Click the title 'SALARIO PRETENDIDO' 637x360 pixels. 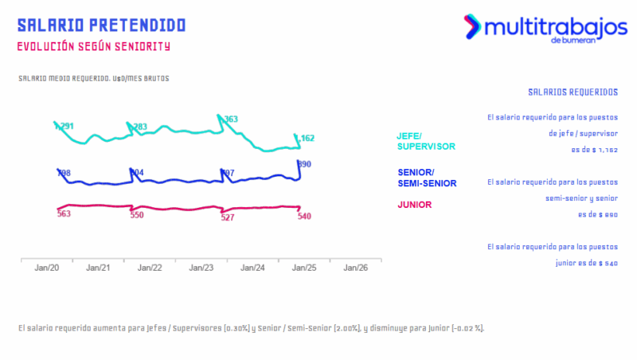click(x=101, y=25)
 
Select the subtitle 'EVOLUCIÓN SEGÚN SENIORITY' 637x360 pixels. click(x=93, y=46)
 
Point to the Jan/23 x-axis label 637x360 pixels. click(x=201, y=268)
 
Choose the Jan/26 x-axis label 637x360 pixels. click(x=355, y=268)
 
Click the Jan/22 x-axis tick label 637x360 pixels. click(x=150, y=268)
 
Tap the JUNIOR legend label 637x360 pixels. click(x=414, y=205)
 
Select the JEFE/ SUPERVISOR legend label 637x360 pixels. click(x=425, y=141)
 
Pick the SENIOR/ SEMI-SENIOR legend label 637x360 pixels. click(x=426, y=178)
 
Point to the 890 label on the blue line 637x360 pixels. click(x=303, y=164)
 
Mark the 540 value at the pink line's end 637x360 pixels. click(x=303, y=216)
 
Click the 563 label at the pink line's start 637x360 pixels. click(x=64, y=213)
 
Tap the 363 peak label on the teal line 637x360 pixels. click(x=230, y=119)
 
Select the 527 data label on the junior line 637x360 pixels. click(x=227, y=217)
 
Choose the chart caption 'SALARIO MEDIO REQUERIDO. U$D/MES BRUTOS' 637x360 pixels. click(x=93, y=79)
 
